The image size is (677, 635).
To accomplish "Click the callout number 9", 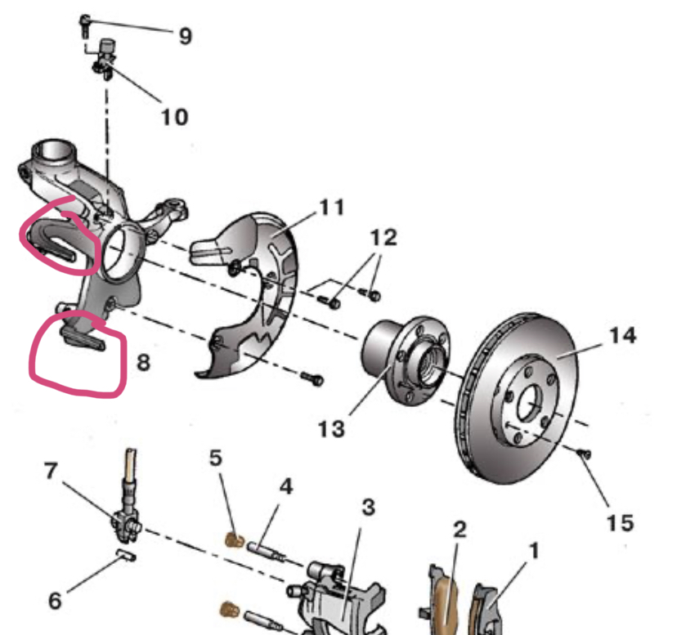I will click(185, 35).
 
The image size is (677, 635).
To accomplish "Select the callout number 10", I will click(173, 116).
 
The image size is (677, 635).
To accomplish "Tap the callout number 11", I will click(331, 208).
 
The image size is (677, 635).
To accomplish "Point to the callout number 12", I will click(383, 238).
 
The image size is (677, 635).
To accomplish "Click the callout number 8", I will click(143, 361).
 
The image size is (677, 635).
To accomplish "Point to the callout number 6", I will click(55, 601).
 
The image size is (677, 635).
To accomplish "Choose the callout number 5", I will click(216, 459).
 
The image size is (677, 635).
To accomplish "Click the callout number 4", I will click(285, 487).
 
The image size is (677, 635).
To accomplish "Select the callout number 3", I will click(368, 508).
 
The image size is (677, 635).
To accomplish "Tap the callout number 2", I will click(460, 530).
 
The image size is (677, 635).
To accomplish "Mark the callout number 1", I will click(533, 552).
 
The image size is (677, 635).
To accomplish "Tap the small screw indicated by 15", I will click(585, 453).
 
